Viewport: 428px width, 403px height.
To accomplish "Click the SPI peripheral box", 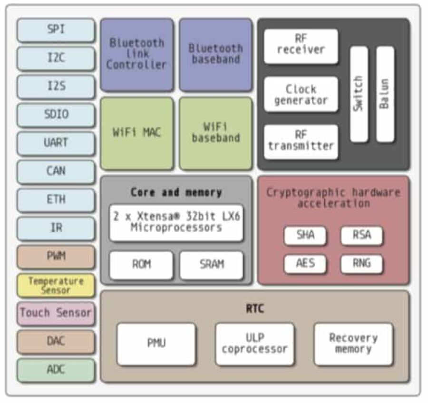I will point(56,30).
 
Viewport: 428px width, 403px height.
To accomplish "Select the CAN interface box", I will point(56,171).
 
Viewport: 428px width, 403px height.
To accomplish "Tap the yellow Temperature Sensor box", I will point(56,286).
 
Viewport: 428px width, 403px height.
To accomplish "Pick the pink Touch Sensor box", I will point(56,313).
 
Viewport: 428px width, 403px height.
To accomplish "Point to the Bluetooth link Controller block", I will point(136,54).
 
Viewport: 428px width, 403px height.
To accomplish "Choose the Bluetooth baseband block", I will point(215,54).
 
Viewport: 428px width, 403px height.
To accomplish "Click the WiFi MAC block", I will point(136,133).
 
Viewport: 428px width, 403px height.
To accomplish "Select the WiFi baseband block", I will point(215,133).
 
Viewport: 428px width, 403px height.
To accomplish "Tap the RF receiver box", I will point(301,46).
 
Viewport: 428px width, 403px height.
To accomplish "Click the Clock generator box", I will point(301,94).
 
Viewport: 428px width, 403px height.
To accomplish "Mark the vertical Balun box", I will point(385,94).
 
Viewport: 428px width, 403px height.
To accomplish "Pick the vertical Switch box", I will point(359,94).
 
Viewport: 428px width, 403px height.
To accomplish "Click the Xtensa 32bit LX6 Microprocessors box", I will point(176,222).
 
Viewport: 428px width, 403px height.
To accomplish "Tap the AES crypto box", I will point(305,264).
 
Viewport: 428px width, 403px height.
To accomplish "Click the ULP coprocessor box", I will point(254,344).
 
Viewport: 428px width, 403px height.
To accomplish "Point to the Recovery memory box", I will point(353,344).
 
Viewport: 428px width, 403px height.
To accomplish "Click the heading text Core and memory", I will point(176,192).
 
